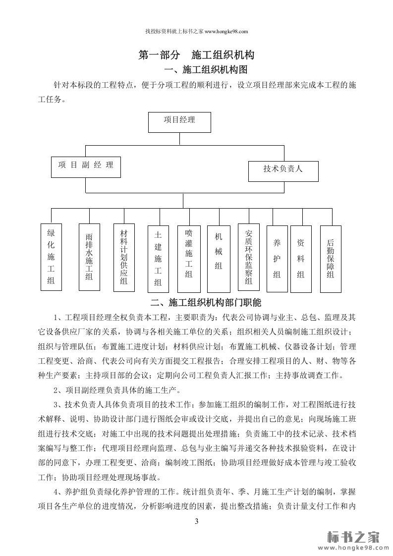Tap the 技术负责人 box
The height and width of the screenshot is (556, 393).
point(283,171)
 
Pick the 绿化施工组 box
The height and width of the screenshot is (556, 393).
point(51,257)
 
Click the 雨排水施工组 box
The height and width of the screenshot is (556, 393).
point(89,257)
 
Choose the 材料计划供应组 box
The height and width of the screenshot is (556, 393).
point(124,257)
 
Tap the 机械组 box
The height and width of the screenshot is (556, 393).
point(219,258)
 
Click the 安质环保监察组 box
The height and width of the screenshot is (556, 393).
point(249,257)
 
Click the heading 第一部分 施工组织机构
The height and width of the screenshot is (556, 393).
point(196,55)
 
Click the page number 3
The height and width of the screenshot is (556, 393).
point(196,521)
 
